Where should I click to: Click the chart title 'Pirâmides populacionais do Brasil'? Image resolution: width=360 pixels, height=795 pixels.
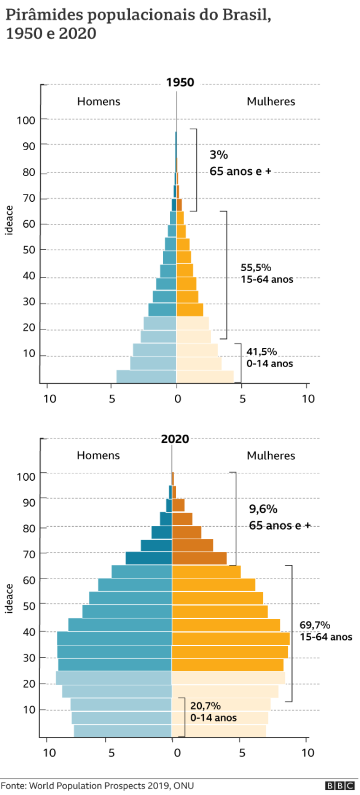coord(138,15)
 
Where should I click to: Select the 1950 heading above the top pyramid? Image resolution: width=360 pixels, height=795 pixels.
coord(180,83)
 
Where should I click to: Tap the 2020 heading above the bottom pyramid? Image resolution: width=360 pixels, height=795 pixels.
coord(175,439)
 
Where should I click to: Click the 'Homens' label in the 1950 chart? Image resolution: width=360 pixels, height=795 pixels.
coord(99,102)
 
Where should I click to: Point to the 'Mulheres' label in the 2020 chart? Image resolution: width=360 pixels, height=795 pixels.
coord(271,456)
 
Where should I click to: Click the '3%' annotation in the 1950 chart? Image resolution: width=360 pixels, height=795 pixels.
coord(219,155)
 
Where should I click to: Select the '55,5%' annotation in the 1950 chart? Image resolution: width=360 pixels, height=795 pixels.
coord(256,267)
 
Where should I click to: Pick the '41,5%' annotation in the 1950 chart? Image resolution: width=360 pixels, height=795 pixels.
coord(261,351)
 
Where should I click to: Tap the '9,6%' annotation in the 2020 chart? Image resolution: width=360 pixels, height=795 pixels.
coord(263,509)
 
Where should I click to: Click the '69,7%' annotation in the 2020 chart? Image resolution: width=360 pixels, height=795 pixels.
coord(315,625)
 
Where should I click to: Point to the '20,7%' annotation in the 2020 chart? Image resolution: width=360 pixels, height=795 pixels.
coord(205,706)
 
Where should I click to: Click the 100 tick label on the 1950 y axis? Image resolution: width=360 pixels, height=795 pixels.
coord(26,120)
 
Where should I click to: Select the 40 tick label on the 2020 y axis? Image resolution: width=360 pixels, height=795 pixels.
coord(29,632)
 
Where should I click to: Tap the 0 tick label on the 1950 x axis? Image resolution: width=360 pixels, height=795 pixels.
coord(177,399)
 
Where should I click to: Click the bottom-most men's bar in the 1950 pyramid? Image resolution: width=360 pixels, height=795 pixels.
coord(146,377)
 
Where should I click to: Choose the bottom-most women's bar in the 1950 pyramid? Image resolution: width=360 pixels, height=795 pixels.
coord(205,377)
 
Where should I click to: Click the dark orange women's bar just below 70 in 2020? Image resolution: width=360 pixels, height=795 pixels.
coord(199,558)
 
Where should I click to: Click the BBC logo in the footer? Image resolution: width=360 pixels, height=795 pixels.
coord(340,786)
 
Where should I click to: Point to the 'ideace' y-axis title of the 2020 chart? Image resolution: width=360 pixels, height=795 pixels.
coord(9,599)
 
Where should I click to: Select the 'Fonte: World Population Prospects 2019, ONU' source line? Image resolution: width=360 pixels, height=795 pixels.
coord(97,786)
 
